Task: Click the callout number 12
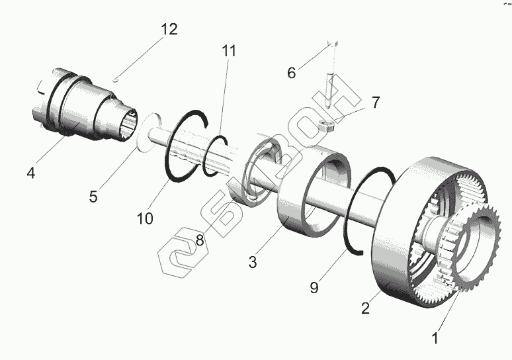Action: (x=169, y=30)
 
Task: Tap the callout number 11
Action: (x=229, y=51)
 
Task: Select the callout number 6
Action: (x=292, y=73)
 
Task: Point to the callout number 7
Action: (x=374, y=103)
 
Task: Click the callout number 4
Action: (x=30, y=173)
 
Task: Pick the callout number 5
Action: (x=94, y=197)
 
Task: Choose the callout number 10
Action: (x=145, y=218)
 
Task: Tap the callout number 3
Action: (x=252, y=261)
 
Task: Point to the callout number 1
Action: (x=435, y=338)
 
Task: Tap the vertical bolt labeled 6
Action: (x=330, y=86)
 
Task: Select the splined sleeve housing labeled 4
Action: (x=79, y=112)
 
